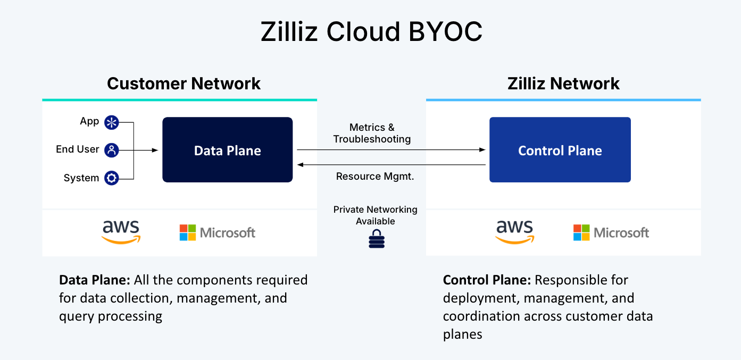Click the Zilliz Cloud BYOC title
[371, 32]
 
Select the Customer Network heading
[184, 83]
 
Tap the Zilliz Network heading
[563, 83]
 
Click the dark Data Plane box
[227, 150]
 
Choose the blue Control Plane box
[560, 150]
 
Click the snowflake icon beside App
[111, 122]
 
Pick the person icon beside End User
[111, 150]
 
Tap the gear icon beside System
[111, 178]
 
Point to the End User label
[78, 149]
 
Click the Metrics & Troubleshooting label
[372, 133]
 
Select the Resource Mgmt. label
[375, 177]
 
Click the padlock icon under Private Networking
[376, 239]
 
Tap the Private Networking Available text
[375, 215]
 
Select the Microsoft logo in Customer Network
[217, 232]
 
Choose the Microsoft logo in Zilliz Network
[611, 232]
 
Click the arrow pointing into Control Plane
[482, 150]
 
